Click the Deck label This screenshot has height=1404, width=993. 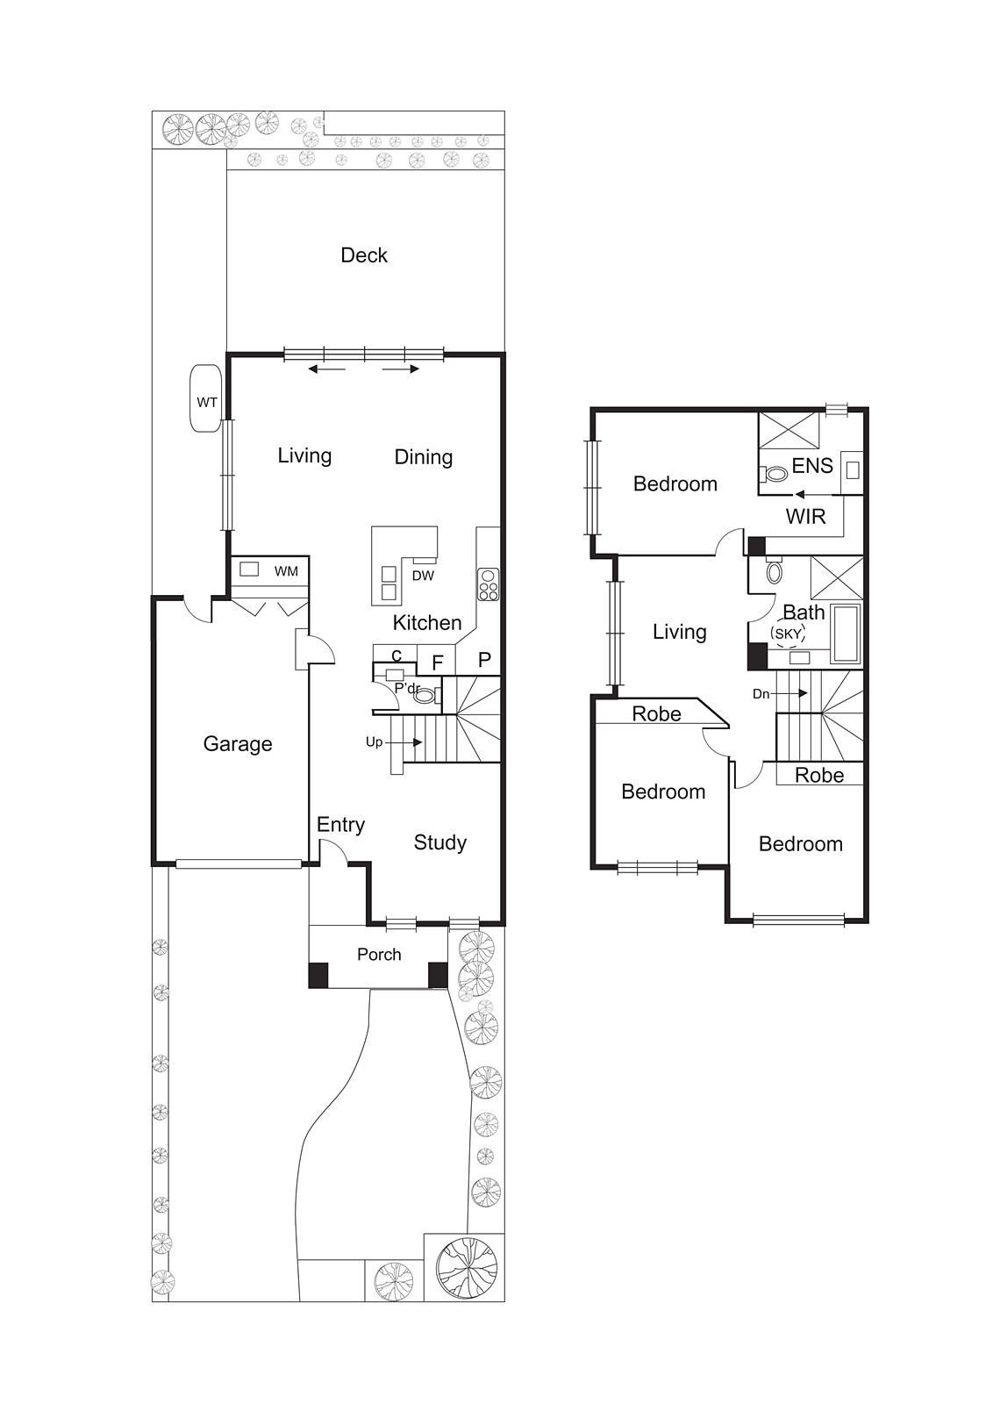[364, 255]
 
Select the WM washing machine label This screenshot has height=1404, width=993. [286, 571]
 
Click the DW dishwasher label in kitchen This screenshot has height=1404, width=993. [423, 576]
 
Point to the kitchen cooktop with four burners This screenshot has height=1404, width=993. [489, 584]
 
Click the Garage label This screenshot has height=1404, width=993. [238, 744]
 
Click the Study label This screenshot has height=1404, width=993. [439, 842]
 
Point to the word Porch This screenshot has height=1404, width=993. [379, 955]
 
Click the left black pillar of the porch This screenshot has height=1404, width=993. [318, 975]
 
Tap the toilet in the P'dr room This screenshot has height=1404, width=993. [425, 696]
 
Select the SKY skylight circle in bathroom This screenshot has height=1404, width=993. [787, 634]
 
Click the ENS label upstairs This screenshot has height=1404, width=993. [812, 466]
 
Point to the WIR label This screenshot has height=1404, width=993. [805, 517]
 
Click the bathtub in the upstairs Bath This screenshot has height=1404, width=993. [847, 633]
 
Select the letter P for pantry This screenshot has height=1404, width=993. [484, 660]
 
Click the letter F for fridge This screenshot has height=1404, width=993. [438, 663]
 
